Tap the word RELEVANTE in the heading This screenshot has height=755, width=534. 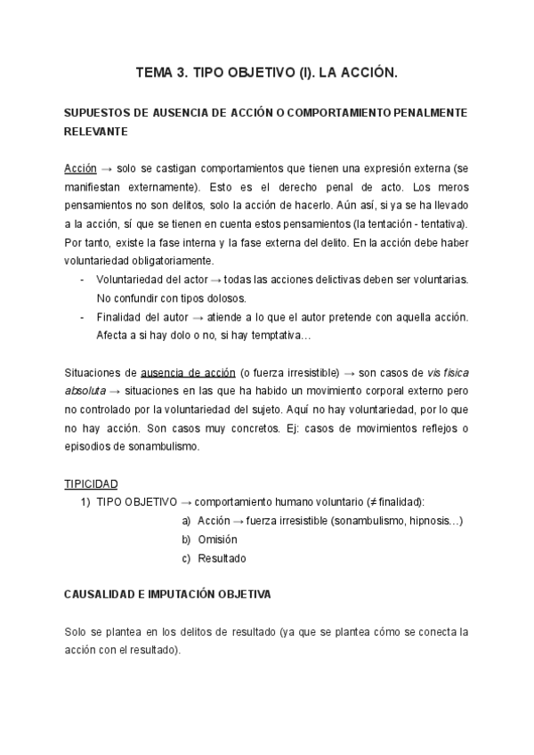tap(96, 131)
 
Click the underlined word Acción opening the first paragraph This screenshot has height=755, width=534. tap(80, 169)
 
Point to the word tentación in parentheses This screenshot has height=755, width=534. tap(401, 224)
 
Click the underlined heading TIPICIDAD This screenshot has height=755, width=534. tap(91, 483)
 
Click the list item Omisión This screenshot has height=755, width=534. tap(217, 540)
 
